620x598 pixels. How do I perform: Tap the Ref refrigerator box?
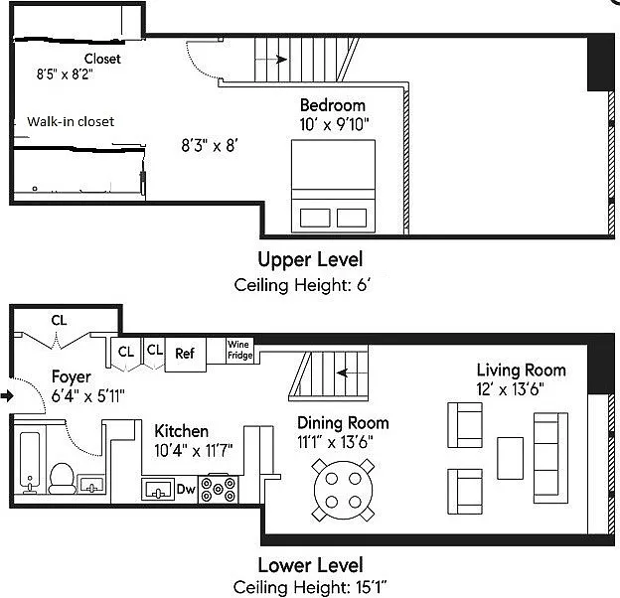tap(185, 354)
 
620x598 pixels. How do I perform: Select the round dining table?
tap(343, 490)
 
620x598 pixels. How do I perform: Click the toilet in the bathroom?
tap(62, 478)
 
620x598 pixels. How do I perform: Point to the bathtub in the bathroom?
tap(30, 463)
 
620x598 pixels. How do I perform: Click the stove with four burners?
tap(219, 489)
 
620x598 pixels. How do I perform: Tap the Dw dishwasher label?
tap(186, 490)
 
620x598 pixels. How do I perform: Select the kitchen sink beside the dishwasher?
tap(158, 490)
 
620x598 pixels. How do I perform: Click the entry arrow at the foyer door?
tap(7, 395)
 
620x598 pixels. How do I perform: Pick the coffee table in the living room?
tap(510, 458)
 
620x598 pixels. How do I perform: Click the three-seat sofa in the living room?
tap(550, 458)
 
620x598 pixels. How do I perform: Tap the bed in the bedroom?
tap(333, 186)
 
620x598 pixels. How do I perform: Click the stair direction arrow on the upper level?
tap(271, 60)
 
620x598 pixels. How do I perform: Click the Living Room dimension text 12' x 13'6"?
tap(510, 389)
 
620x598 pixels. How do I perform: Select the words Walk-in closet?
tap(71, 121)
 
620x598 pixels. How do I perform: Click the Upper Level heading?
tap(310, 259)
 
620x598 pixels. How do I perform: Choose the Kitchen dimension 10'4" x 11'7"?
tap(194, 450)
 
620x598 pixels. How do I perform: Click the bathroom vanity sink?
tap(91, 484)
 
